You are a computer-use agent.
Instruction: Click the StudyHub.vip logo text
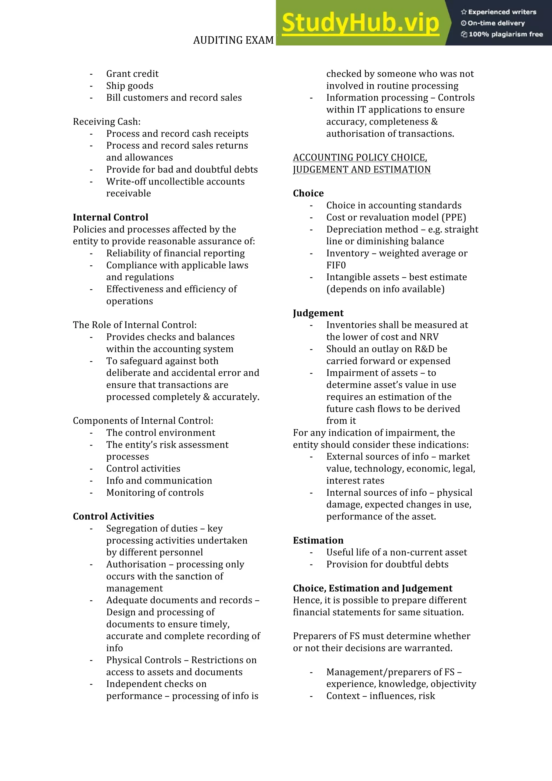pyautogui.click(x=360, y=23)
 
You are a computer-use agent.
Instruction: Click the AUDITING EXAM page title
pyautogui.click(x=233, y=40)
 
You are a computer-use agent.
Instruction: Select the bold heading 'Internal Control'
pyautogui.click(x=111, y=217)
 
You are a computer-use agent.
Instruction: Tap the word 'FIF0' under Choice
pyautogui.click(x=336, y=265)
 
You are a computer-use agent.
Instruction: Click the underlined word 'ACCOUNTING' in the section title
pyautogui.click(x=317, y=157)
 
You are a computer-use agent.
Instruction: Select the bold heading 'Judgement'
pyautogui.click(x=318, y=313)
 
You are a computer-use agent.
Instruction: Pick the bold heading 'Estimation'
pyautogui.click(x=318, y=540)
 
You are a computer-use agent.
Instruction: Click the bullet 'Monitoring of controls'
pyautogui.click(x=155, y=492)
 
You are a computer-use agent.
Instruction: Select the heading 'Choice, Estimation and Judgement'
pyautogui.click(x=372, y=588)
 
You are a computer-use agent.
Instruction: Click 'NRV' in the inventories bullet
pyautogui.click(x=429, y=337)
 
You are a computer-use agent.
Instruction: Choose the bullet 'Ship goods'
pyautogui.click(x=129, y=85)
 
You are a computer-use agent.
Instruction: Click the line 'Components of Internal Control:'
pyautogui.click(x=143, y=420)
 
